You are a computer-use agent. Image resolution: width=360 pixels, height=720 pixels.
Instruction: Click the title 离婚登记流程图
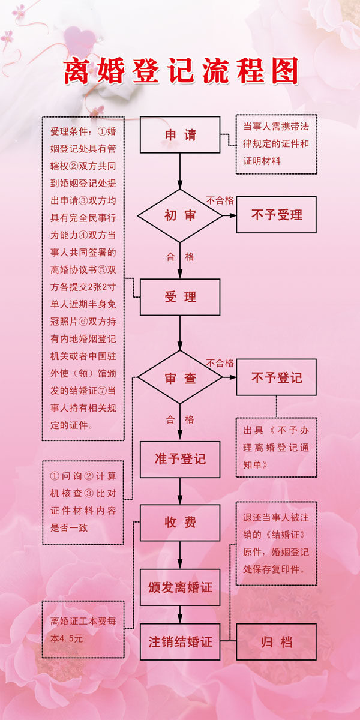181,70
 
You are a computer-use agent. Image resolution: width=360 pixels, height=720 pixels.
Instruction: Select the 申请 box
180,134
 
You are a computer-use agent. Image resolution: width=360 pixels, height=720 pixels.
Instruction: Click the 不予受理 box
277,215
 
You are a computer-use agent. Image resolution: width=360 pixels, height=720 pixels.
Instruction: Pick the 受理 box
180,297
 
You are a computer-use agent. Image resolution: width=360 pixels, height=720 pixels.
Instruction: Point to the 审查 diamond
180,377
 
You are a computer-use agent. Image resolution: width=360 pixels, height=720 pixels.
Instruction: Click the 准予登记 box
180,459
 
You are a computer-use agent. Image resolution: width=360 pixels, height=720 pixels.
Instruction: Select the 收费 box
180,523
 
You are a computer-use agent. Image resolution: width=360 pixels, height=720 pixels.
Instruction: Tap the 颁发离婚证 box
180,586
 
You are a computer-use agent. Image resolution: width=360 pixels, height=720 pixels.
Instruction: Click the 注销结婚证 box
180,641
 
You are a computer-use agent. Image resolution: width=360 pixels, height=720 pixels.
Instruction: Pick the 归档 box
277,641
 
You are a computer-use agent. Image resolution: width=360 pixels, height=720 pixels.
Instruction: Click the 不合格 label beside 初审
220,200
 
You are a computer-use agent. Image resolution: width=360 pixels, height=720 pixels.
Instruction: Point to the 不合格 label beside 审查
220,362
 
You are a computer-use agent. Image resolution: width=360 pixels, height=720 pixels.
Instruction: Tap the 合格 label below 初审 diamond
180,257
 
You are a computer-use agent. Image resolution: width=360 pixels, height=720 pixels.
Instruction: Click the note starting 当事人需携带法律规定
276,144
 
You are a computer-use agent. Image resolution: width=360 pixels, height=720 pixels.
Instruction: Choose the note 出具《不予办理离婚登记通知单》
276,448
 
